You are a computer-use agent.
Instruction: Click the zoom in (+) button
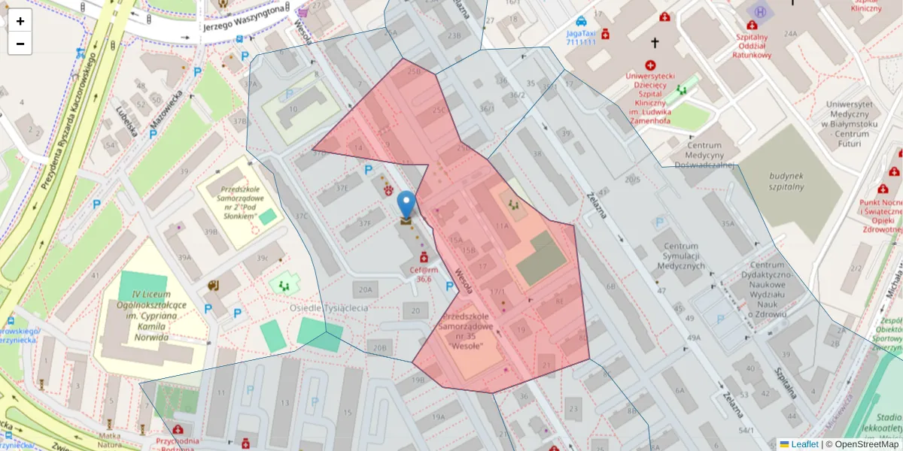(20, 21)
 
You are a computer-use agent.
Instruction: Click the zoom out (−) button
(20, 44)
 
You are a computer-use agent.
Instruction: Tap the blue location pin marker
(406, 204)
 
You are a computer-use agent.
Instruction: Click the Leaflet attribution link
(798, 444)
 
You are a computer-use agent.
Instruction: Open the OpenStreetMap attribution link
(862, 444)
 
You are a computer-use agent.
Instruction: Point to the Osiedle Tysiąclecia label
(329, 308)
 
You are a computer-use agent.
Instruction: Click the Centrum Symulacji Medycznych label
(679, 256)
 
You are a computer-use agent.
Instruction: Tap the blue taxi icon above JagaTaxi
(581, 21)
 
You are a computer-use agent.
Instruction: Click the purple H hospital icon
(761, 12)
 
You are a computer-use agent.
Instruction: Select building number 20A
(366, 289)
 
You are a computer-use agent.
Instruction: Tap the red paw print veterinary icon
(388, 189)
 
